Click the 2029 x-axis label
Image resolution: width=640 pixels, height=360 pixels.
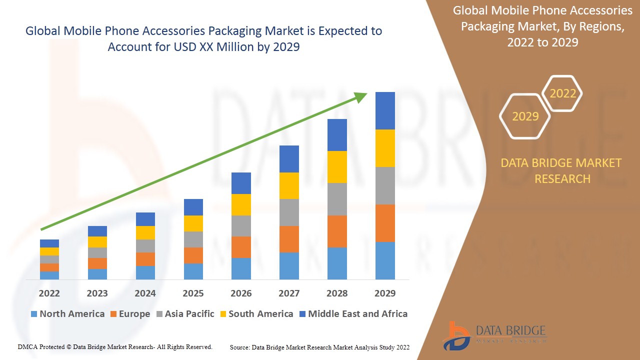point(384,293)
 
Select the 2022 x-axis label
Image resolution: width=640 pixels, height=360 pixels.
point(49,293)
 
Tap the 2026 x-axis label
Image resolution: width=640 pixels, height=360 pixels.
point(241,293)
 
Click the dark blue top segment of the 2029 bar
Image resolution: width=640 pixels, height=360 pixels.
point(385,110)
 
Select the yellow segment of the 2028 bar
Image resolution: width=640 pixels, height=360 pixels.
point(337,167)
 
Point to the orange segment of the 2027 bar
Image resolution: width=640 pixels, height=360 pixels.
point(289,239)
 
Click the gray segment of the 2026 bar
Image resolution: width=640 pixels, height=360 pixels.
point(241,226)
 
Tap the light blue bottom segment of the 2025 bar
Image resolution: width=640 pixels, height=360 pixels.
point(193,271)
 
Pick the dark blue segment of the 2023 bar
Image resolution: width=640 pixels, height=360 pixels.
point(97,231)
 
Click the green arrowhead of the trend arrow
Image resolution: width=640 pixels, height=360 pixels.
point(361,96)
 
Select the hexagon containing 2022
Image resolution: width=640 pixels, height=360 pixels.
point(562,93)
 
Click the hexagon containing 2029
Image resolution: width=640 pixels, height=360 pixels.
point(525,116)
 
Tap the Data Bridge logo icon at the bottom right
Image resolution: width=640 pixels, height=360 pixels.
point(456,335)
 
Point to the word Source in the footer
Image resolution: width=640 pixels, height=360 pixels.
point(240,347)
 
